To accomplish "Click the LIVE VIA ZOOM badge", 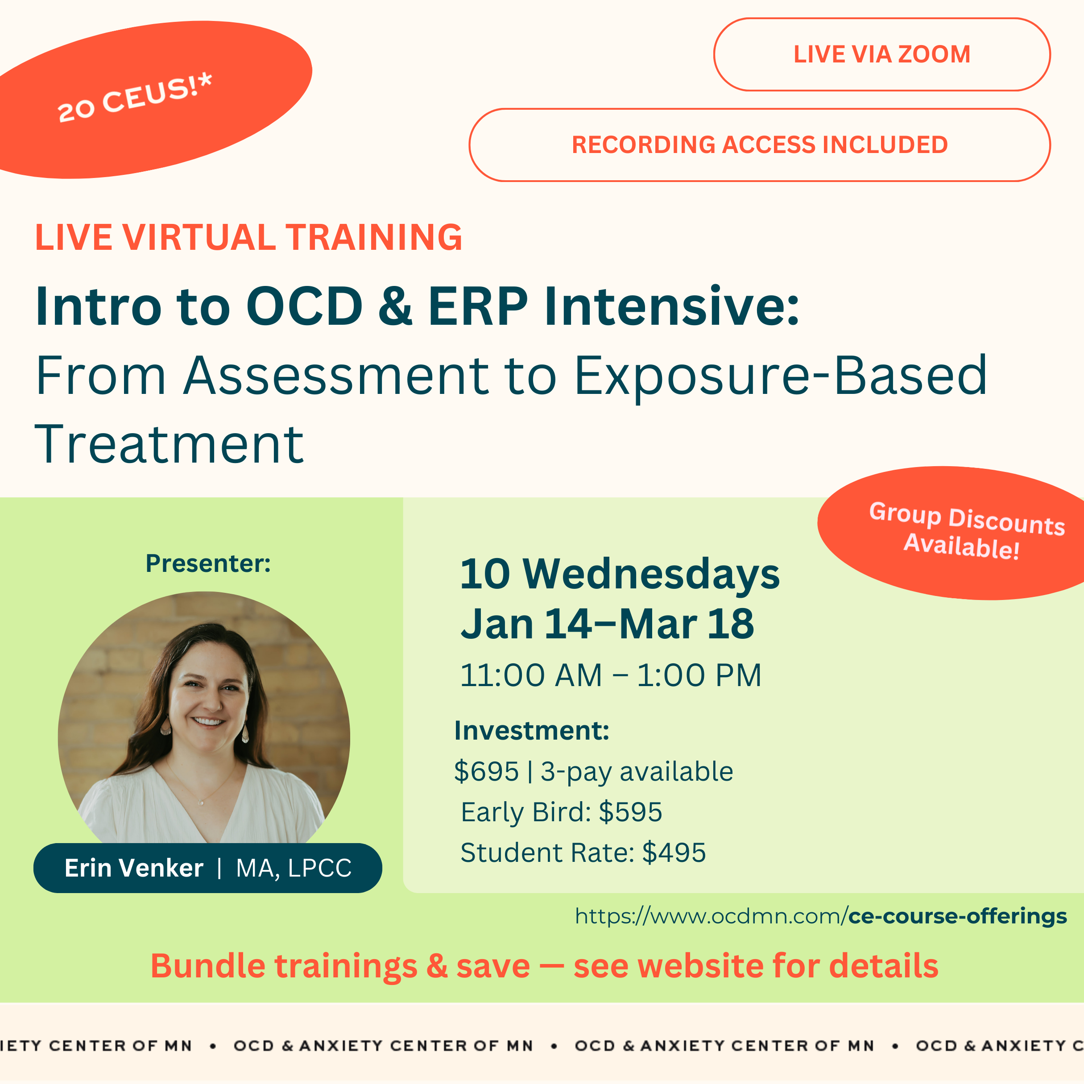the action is (x=882, y=54).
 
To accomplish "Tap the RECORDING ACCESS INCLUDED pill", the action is (x=760, y=145).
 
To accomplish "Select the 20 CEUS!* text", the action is (x=135, y=98).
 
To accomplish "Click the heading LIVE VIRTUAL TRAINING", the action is (x=248, y=237).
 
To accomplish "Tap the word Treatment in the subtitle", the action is (x=170, y=444).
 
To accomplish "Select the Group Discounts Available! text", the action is (x=966, y=531).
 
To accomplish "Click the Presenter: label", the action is (x=208, y=563).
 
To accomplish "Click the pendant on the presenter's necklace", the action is (x=202, y=803).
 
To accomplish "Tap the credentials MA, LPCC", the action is (x=294, y=869).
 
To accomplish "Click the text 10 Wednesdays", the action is (x=620, y=575).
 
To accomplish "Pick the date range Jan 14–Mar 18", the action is (x=608, y=624).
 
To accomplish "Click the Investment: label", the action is (x=532, y=731).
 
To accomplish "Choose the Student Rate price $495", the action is (x=674, y=852).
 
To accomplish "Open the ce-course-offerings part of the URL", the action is (x=957, y=916).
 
